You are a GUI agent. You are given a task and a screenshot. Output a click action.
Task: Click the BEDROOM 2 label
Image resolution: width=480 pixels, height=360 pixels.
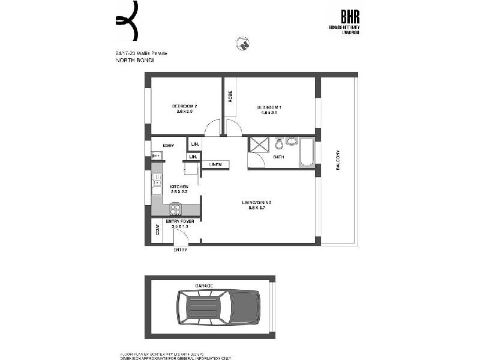point(187,106)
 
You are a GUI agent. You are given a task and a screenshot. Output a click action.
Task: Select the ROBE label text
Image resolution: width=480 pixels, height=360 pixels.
point(230,96)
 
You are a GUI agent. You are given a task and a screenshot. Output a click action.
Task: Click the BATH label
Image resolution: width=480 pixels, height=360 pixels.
point(278,157)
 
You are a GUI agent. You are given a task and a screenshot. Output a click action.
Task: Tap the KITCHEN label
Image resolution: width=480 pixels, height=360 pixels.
point(179,186)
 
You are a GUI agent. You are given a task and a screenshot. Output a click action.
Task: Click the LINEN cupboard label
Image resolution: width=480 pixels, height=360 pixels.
point(215,164)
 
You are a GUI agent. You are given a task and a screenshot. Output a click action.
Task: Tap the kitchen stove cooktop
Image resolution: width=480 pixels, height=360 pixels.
point(176,209)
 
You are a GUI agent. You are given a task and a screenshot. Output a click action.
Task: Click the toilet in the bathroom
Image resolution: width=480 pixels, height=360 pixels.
point(280,144)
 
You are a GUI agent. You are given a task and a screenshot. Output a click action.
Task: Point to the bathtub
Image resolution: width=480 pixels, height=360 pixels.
point(307,152)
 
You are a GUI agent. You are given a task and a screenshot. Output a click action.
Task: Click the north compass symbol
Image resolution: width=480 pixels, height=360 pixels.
point(243,44)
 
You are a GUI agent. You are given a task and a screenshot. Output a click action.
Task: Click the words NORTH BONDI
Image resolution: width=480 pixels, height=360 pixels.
point(130,61)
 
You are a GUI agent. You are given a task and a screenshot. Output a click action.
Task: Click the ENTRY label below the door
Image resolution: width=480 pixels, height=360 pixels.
point(180,250)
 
